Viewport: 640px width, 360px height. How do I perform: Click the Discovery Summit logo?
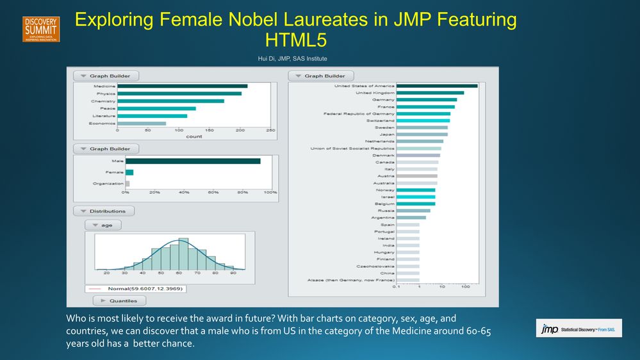pos(41,29)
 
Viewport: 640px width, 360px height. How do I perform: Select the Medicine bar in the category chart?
pos(182,86)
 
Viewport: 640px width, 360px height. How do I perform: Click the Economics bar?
pos(142,124)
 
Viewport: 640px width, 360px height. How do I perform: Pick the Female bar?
pos(129,172)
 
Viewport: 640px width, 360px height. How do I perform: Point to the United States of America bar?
pos(437,86)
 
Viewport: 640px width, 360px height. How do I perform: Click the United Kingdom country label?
pos(375,93)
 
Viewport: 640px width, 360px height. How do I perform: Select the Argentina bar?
pos(411,218)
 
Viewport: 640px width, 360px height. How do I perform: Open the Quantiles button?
pos(119,300)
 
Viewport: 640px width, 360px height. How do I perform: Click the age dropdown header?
pos(103,225)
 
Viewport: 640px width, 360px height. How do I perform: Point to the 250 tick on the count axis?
pos(270,130)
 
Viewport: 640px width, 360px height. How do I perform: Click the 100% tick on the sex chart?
pos(270,192)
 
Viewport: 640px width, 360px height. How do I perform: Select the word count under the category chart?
pos(193,136)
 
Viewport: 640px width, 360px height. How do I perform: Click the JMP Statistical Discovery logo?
pos(578,328)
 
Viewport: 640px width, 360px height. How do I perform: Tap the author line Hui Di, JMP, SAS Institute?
pos(292,59)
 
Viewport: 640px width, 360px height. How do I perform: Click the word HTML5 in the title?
pos(295,40)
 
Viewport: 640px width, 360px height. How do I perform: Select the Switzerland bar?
pos(423,120)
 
